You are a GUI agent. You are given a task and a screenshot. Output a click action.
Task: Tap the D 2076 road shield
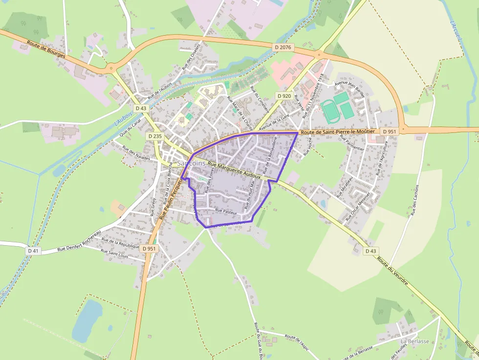click(283, 47)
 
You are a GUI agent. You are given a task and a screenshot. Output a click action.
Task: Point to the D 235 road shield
click(154, 136)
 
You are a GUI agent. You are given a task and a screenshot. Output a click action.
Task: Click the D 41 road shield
click(33, 251)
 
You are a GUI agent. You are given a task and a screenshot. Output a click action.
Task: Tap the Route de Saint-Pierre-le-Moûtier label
click(338, 132)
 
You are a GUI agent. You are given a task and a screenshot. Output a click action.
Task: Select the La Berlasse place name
click(414, 341)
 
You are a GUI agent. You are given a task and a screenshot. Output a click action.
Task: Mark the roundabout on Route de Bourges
click(111, 68)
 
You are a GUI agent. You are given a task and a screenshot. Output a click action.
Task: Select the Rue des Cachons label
click(415, 201)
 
